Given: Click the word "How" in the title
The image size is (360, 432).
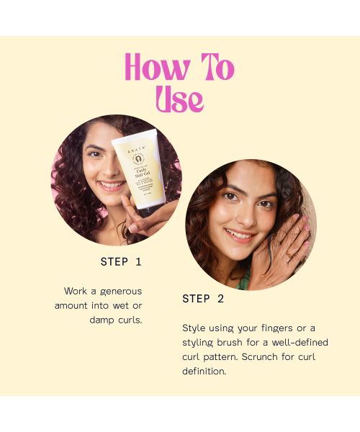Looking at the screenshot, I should pyautogui.click(x=154, y=68).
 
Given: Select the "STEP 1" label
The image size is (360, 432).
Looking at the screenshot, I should pyautogui.click(x=121, y=261).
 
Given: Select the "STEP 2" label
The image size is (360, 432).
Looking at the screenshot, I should pyautogui.click(x=203, y=298).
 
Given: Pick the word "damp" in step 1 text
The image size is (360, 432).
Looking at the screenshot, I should pyautogui.click(x=103, y=320).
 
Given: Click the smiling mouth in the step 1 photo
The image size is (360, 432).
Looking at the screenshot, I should pyautogui.click(x=111, y=185).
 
